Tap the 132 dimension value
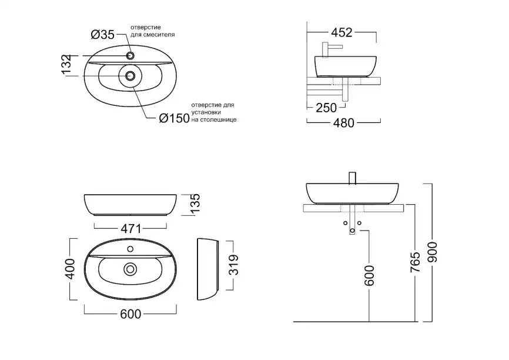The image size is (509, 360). click(x=66, y=65)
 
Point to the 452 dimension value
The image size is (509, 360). click(x=340, y=33)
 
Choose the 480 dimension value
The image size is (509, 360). click(x=343, y=123)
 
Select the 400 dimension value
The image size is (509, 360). click(x=70, y=269)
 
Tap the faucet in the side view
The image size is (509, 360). click(x=332, y=48)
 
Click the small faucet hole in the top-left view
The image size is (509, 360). click(x=130, y=55)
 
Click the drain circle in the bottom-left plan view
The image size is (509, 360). click(x=129, y=269)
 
